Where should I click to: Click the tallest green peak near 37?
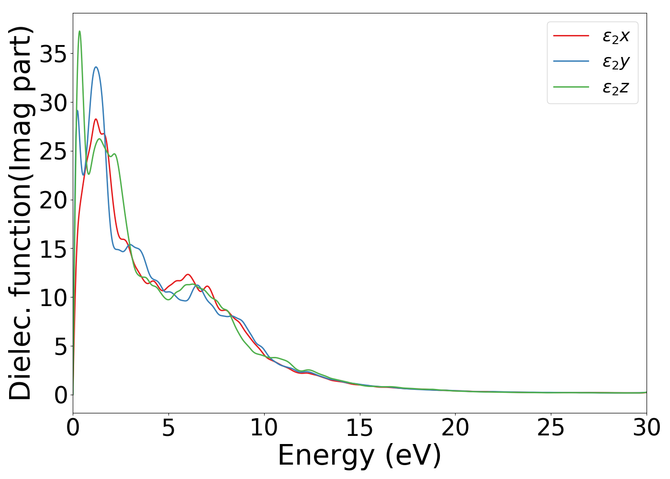pyautogui.click(x=79, y=31)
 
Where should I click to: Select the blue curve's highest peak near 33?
pyautogui.click(x=96, y=67)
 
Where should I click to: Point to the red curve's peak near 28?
pyautogui.click(x=96, y=119)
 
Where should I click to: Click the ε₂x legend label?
pyautogui.click(x=615, y=36)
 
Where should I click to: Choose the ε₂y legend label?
pyautogui.click(x=615, y=62)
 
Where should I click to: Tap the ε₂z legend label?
pyautogui.click(x=615, y=88)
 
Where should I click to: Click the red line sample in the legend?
pyautogui.click(x=571, y=35)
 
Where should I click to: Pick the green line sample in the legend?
pyautogui.click(x=571, y=87)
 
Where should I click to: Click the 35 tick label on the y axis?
pyautogui.click(x=53, y=54)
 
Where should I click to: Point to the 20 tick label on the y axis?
pyautogui.click(x=53, y=200)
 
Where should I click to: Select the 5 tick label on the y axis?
pyautogui.click(x=60, y=346)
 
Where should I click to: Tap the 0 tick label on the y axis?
pyautogui.click(x=60, y=395)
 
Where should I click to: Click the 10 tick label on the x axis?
pyautogui.click(x=264, y=428)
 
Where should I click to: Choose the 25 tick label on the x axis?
pyautogui.click(x=551, y=428)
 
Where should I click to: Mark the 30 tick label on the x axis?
pyautogui.click(x=647, y=428)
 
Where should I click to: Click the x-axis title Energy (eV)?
pyautogui.click(x=359, y=456)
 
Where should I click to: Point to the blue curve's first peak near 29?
pyautogui.click(x=77, y=110)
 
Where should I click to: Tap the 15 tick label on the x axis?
pyautogui.click(x=359, y=428)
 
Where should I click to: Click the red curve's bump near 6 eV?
pyautogui.click(x=188, y=274)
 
